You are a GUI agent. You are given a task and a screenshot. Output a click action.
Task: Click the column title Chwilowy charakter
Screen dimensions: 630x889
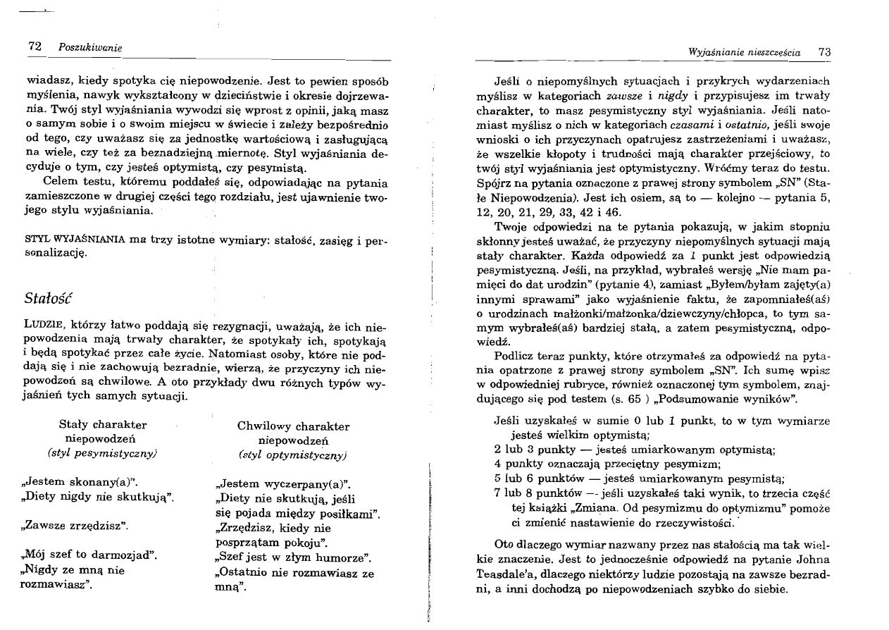pyautogui.click(x=293, y=426)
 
